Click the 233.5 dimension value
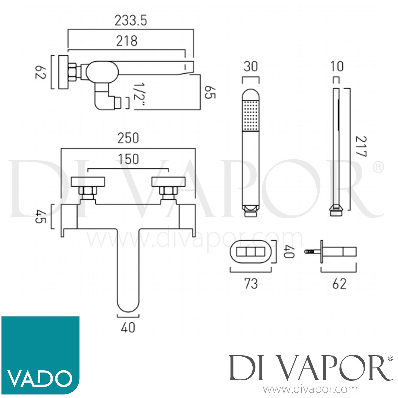[x=131, y=21]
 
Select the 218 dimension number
[x=127, y=41]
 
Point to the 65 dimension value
[x=210, y=92]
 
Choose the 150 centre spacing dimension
[x=128, y=159]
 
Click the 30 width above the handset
[x=250, y=67]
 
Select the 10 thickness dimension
[x=337, y=67]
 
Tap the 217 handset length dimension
[x=361, y=146]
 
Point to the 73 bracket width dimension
[x=251, y=284]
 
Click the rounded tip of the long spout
[x=128, y=305]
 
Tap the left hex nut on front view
[x=88, y=191]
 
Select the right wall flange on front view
[x=168, y=182]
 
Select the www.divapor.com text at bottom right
[x=310, y=390]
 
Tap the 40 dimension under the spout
[x=128, y=328]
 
